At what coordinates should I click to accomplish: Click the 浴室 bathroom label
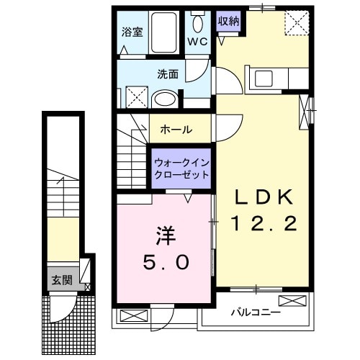coord(131,32)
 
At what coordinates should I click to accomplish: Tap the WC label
coord(197,42)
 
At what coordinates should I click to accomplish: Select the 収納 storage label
coord(229,20)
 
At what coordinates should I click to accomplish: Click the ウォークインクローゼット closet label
coord(181,168)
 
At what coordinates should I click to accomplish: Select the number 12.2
coord(264,225)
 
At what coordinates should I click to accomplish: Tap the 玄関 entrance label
coord(60,280)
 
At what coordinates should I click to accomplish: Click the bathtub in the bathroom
coord(168,32)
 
